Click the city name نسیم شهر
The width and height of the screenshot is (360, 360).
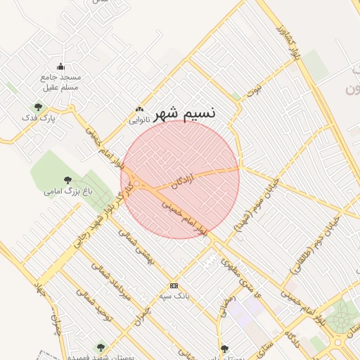185,112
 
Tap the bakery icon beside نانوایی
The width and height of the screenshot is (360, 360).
139,110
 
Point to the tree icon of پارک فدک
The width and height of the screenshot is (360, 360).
38,107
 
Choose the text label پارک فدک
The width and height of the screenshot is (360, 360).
38,118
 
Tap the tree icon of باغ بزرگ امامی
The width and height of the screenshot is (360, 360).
67,180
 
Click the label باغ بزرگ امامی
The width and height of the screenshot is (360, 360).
61,191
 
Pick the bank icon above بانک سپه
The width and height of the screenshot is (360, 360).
174,285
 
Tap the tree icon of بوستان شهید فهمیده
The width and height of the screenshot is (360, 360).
100,347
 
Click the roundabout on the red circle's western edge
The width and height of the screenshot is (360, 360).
139,184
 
